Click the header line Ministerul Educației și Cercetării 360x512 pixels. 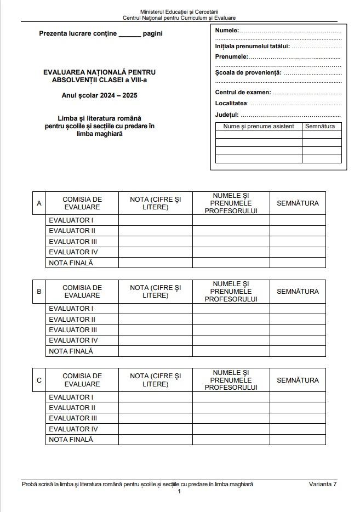pyautogui.click(x=179, y=12)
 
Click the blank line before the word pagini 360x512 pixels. pyautogui.click(x=130, y=34)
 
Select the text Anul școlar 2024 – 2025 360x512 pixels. pyautogui.click(x=100, y=95)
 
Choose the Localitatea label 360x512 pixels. pyautogui.click(x=231, y=103)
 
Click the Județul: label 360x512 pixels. pyautogui.click(x=227, y=115)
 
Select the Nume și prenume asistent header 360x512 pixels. pyautogui.click(x=259, y=127)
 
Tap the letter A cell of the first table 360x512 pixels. pyautogui.click(x=39, y=203)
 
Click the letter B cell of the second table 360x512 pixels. pyautogui.click(x=39, y=292)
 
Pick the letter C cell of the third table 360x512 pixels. pyautogui.click(x=39, y=380)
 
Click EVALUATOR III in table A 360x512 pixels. pyautogui.click(x=73, y=242)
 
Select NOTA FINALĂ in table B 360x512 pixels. pyautogui.click(x=71, y=351)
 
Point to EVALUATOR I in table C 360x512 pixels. pyautogui.click(x=71, y=397)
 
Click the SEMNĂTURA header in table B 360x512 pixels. pyautogui.click(x=298, y=292)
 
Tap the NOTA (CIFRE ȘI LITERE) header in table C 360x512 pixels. pyautogui.click(x=156, y=380)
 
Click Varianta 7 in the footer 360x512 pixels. pyautogui.click(x=323, y=484)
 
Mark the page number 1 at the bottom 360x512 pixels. pyautogui.click(x=179, y=492)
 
